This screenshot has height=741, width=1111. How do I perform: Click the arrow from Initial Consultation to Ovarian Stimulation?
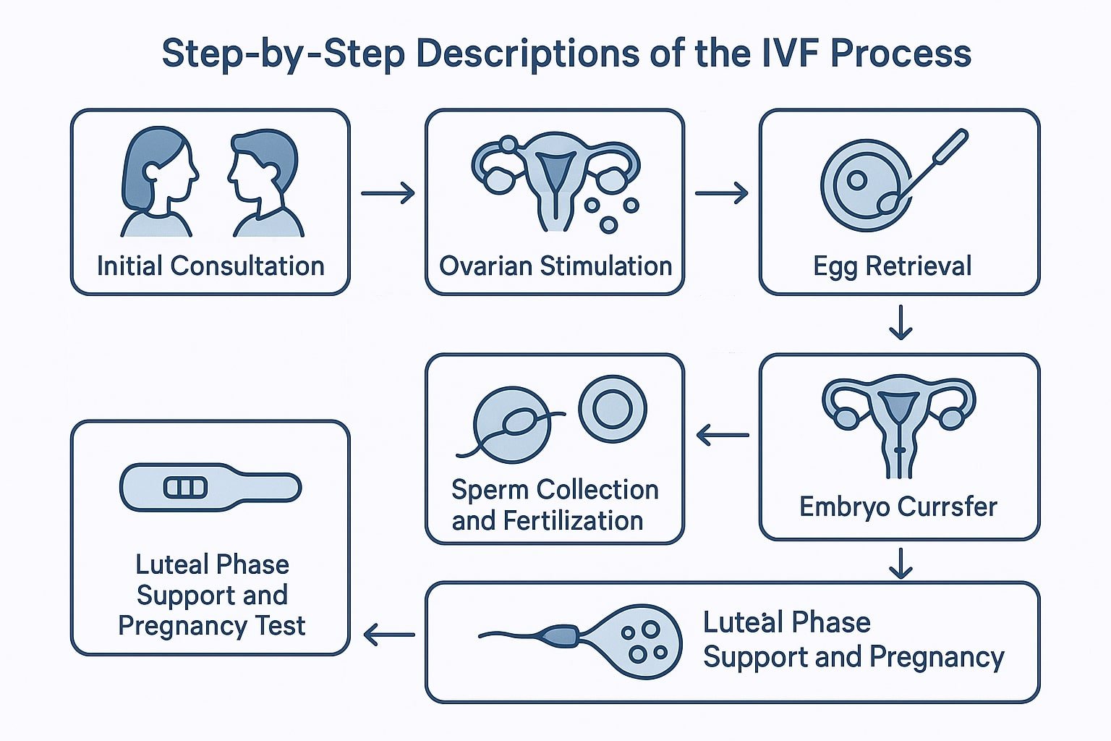[x=388, y=193]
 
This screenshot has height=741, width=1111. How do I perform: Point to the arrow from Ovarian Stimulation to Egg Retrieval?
[x=721, y=193]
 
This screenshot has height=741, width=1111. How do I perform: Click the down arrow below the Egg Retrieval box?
[x=900, y=323]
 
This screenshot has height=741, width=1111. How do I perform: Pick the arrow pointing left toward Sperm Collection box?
[x=723, y=436]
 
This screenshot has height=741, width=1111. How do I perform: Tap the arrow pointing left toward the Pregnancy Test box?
[x=389, y=636]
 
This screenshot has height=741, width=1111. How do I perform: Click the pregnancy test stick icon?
[x=210, y=487]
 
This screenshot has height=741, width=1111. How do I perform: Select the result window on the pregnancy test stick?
[x=186, y=487]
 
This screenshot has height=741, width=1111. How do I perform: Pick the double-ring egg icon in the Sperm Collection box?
[x=613, y=409]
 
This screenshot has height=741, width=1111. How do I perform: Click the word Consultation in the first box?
[x=247, y=266]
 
